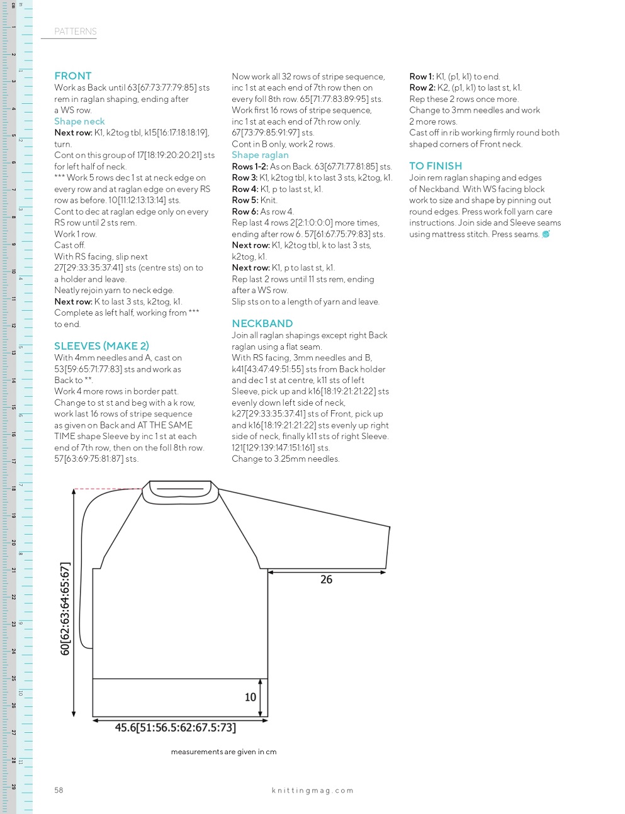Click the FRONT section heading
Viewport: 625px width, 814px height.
point(73,76)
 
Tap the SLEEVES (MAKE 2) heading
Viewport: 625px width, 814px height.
point(101,346)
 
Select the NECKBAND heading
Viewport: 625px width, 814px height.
point(262,323)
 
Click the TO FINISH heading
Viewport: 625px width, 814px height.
point(436,166)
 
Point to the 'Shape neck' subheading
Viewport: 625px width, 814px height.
point(79,121)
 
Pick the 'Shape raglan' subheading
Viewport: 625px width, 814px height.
point(260,155)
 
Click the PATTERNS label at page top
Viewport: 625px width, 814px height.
point(76,31)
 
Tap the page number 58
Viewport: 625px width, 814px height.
point(59,790)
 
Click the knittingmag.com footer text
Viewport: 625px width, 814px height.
point(313,791)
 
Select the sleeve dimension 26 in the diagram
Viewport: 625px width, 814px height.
point(326,579)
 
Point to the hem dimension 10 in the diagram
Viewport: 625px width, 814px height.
point(251,697)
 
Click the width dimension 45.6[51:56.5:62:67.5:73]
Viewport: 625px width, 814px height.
point(176,728)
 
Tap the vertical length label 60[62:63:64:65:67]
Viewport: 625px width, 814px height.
point(65,609)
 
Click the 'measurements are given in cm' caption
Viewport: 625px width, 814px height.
point(223,752)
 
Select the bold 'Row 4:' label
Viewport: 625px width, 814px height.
point(245,189)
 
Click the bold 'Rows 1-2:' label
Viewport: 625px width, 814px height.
point(250,167)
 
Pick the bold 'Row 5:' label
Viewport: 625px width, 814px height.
point(245,200)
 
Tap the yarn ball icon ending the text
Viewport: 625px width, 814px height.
point(546,234)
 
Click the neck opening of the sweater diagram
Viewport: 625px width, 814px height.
point(180,492)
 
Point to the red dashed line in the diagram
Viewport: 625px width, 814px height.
point(107,489)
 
